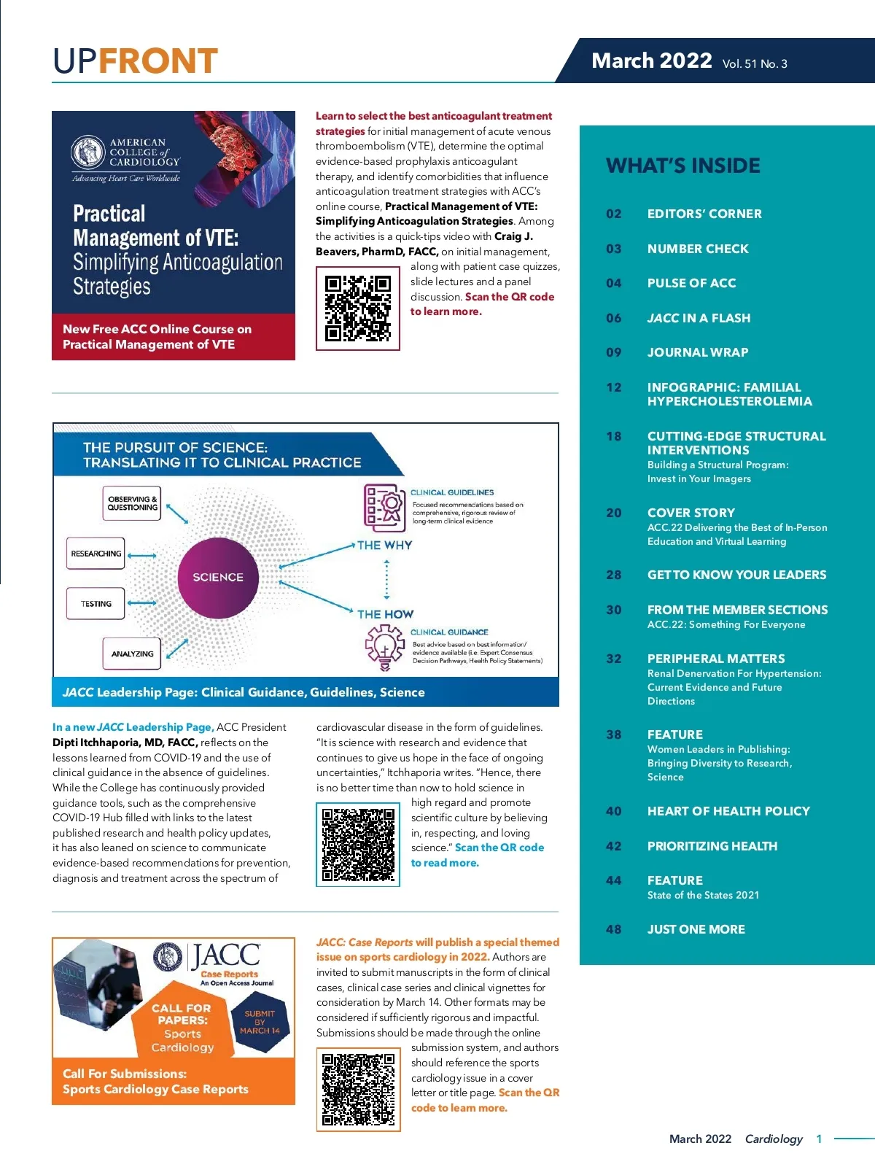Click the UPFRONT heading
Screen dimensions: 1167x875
[136, 61]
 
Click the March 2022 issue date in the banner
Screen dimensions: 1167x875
[651, 61]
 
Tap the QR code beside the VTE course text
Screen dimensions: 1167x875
[357, 309]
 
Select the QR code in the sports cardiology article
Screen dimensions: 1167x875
[358, 1090]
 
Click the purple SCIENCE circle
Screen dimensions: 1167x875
[218, 577]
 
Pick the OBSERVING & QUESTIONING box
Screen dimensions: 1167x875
[132, 503]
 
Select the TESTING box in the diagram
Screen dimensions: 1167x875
[96, 604]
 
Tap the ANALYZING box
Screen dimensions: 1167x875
[132, 654]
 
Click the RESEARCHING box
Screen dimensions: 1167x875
[96, 554]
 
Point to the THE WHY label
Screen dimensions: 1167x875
[384, 545]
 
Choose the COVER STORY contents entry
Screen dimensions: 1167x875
[691, 513]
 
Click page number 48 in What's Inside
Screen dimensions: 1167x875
[614, 929]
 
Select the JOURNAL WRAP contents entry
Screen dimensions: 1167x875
[697, 352]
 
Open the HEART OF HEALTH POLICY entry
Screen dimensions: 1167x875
[728, 811]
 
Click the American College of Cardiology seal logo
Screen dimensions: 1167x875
[88, 152]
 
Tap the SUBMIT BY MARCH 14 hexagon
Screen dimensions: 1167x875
[260, 1022]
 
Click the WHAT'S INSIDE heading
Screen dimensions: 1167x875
[682, 166]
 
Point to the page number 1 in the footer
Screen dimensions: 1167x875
[819, 1139]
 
